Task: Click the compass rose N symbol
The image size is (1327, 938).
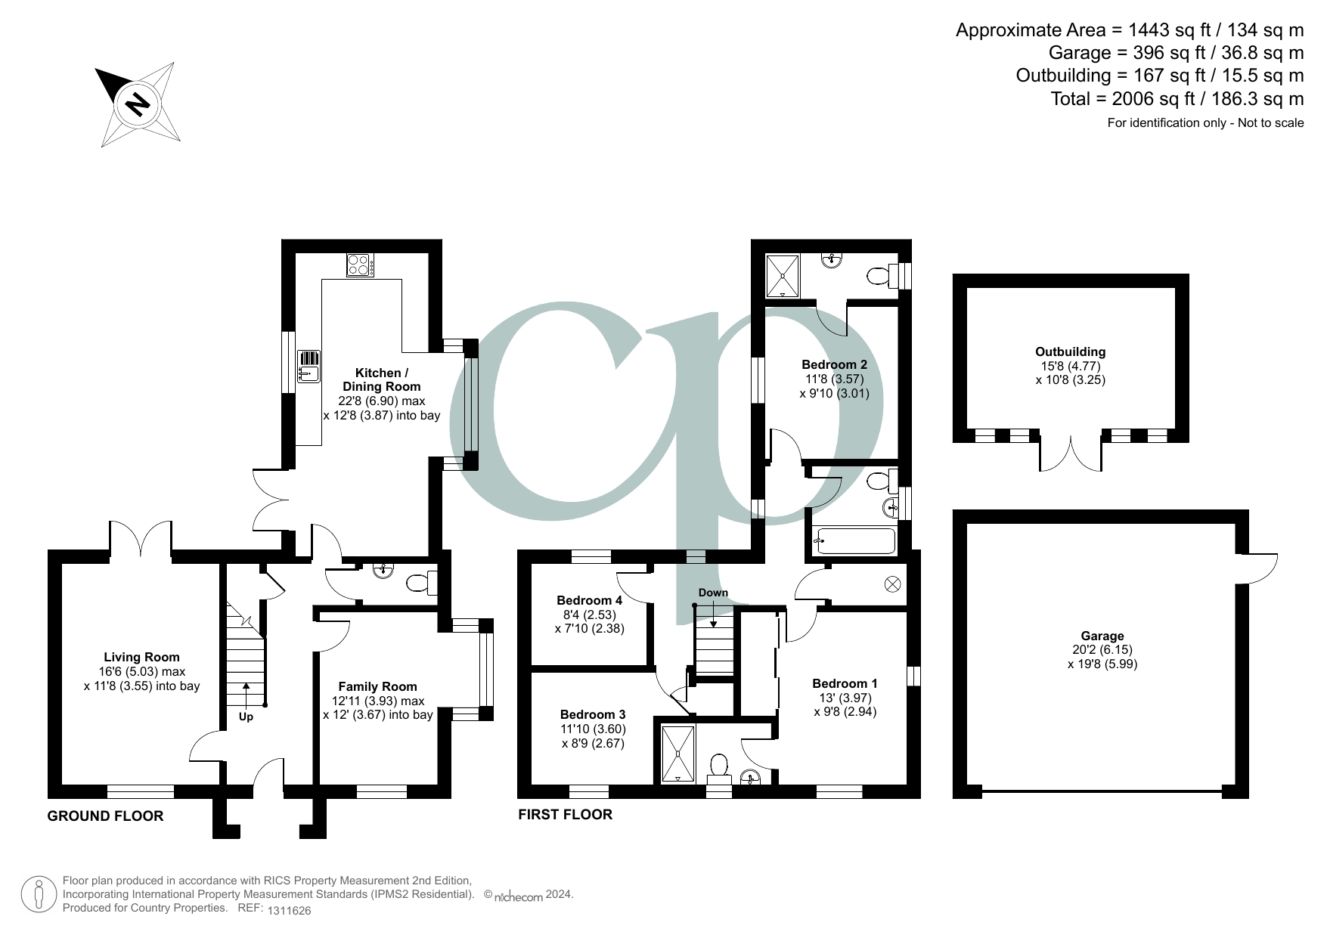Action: (138, 103)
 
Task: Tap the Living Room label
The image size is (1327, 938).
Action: (142, 658)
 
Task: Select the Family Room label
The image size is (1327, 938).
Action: (377, 687)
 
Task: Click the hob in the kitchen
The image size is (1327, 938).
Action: (359, 265)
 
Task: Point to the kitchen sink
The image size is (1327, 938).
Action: (308, 366)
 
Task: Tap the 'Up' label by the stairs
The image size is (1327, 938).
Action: (246, 717)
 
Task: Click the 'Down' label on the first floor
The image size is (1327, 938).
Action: (713, 593)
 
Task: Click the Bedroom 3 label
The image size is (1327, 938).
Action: (593, 714)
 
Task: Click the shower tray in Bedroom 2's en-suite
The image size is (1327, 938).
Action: (782, 276)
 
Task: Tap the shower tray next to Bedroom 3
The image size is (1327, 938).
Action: (677, 754)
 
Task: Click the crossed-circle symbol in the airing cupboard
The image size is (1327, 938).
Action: (893, 584)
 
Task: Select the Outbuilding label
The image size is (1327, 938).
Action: (1070, 352)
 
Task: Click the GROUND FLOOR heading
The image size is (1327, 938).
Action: (105, 816)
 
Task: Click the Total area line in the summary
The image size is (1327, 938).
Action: (1177, 99)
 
